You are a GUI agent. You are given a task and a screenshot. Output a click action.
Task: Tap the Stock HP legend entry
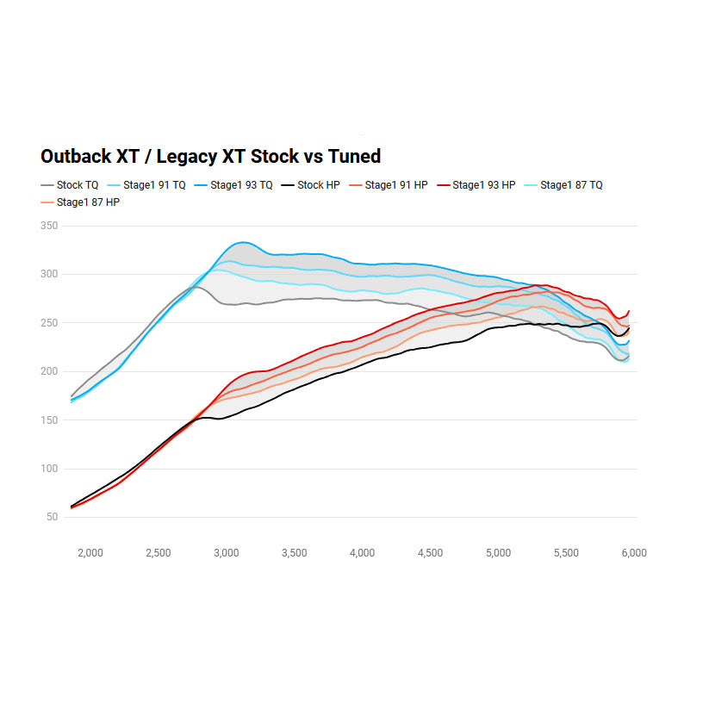point(318,185)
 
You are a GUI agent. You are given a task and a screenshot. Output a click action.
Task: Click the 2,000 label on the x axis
point(90,553)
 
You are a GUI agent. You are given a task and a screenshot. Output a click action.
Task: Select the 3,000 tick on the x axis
point(227,553)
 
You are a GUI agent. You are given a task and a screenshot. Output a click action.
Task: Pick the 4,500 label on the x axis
point(430,553)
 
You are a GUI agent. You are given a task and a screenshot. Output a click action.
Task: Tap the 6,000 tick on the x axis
point(634,553)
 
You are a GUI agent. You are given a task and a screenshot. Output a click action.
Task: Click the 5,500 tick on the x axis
point(566,553)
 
